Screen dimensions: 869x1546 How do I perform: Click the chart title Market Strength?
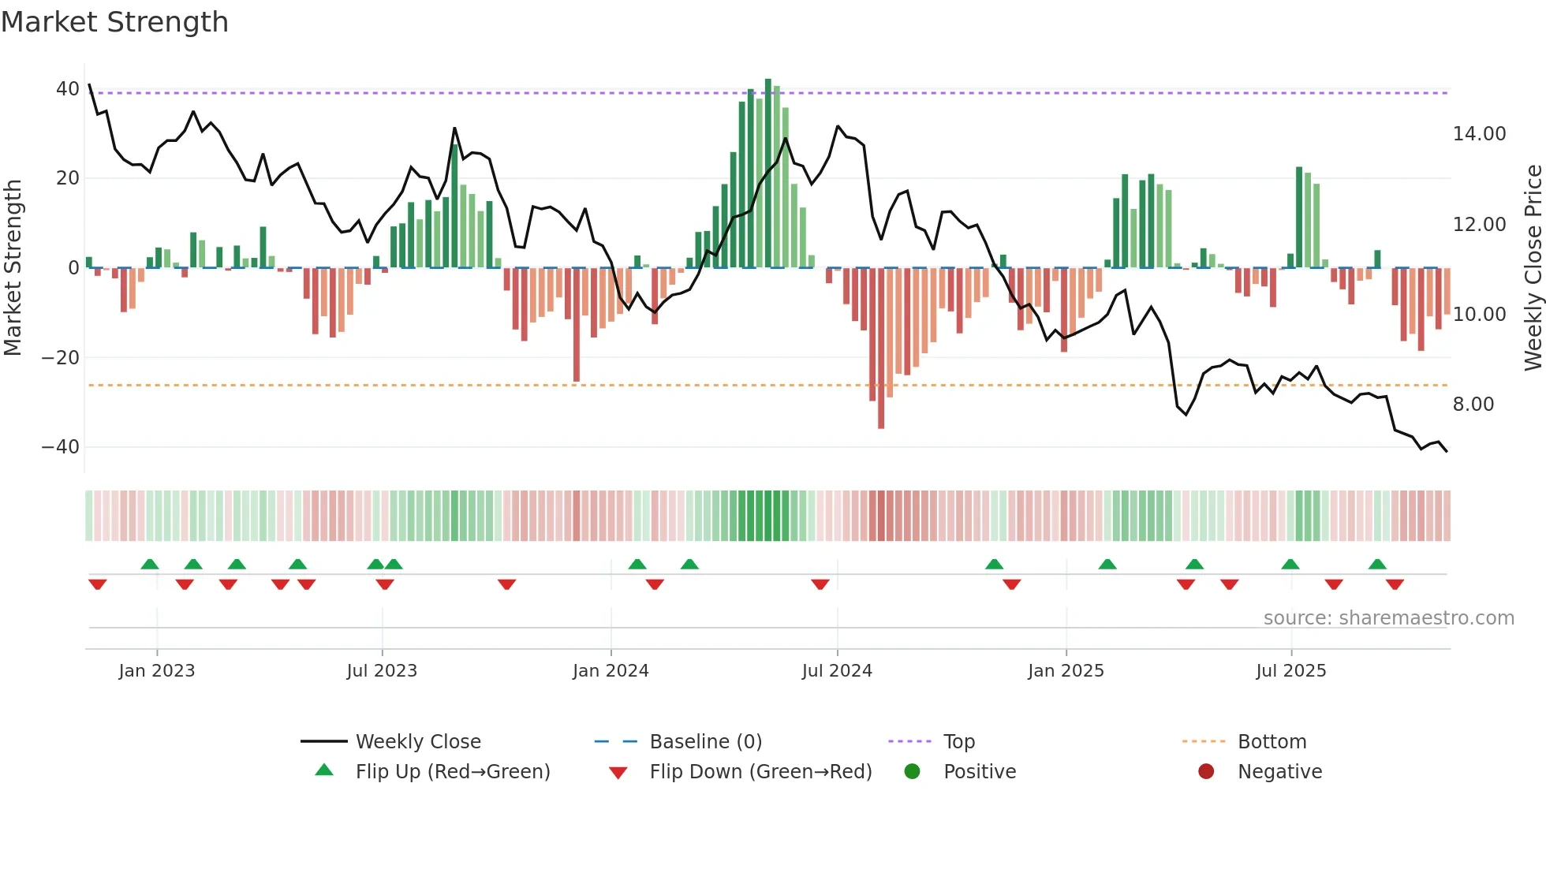[114, 22]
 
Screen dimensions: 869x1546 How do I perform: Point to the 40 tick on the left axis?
[67, 89]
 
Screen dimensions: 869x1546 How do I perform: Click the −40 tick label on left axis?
[61, 447]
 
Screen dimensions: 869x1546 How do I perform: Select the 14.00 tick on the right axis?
[1479, 134]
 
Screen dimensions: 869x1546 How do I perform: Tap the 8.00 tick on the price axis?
[1473, 405]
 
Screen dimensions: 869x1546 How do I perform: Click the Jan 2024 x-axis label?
[611, 671]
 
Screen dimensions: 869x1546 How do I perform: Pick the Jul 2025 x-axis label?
[1290, 671]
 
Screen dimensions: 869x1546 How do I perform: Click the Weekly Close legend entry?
[417, 742]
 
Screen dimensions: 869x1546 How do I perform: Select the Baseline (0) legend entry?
[705, 742]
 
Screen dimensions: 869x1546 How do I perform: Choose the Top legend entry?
[958, 742]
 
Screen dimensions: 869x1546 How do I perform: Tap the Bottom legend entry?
[1272, 742]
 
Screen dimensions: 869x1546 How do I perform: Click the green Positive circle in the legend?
[913, 772]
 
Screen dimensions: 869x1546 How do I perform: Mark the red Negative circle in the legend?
[1206, 772]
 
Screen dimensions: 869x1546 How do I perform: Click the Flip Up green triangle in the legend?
[324, 770]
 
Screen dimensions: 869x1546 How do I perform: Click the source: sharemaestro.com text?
[1388, 618]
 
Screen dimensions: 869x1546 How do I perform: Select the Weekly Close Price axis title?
[1533, 268]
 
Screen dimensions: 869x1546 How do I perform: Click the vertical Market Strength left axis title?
[13, 268]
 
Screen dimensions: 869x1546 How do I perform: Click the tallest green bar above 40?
[768, 173]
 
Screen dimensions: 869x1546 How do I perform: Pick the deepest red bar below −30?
[881, 347]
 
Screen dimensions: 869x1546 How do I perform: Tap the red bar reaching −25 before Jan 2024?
[577, 323]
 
